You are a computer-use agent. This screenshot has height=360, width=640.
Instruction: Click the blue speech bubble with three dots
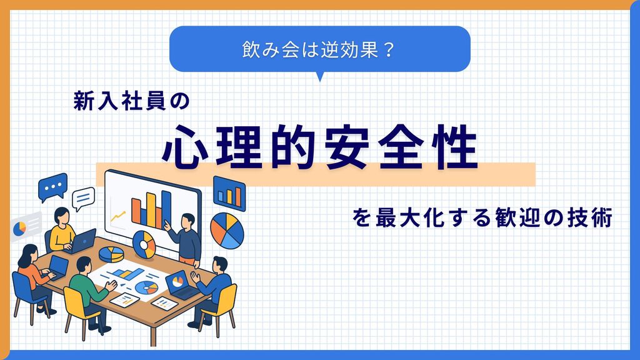point(52,186)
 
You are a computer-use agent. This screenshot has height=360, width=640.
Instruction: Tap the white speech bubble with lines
point(83,199)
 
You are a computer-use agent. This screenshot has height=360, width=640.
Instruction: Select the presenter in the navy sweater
point(187,237)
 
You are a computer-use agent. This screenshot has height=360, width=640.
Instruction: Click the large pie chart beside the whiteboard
point(227,231)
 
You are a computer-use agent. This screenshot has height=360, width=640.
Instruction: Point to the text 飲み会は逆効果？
point(319,49)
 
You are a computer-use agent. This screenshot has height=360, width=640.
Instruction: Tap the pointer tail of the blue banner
point(320,76)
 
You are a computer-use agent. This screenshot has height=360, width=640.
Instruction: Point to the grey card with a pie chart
point(25,226)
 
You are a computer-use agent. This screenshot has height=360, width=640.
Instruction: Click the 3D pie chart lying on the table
point(111,253)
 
